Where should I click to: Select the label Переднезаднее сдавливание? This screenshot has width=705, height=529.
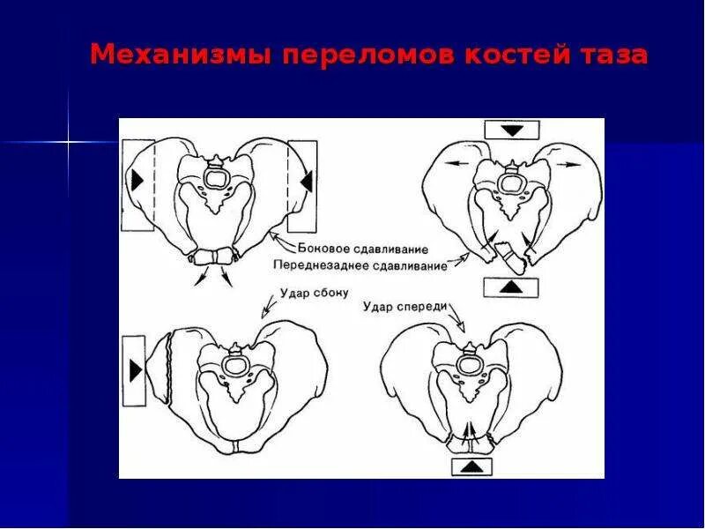click(x=360, y=264)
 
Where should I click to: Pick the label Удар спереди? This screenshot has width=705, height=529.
click(x=406, y=306)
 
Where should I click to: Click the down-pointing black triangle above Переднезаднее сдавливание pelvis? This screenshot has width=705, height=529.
click(x=512, y=130)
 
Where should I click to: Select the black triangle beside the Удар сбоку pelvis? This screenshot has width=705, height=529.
click(x=135, y=370)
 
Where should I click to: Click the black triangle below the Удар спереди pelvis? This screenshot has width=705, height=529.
click(x=472, y=466)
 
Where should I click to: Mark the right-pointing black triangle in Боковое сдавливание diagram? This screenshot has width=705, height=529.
click(x=137, y=180)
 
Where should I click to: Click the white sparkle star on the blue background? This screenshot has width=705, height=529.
click(x=68, y=141)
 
